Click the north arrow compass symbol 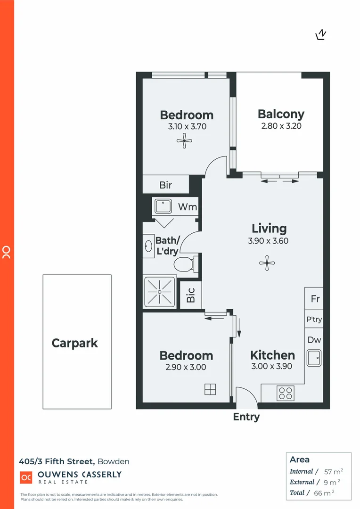coord(321,35)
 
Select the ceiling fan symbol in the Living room coord(267,263)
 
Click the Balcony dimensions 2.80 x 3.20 coord(281,126)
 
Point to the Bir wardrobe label coord(165,185)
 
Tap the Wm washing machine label coord(187,207)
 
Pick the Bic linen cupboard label coord(191,296)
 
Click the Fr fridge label coord(315,299)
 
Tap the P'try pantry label coord(314,320)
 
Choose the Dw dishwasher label coord(314,340)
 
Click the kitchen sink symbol coord(313,358)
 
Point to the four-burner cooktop coord(285,393)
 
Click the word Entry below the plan coord(246,417)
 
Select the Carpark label coord(74,343)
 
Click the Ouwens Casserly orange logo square coord(26,477)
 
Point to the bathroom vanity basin coord(148,245)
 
